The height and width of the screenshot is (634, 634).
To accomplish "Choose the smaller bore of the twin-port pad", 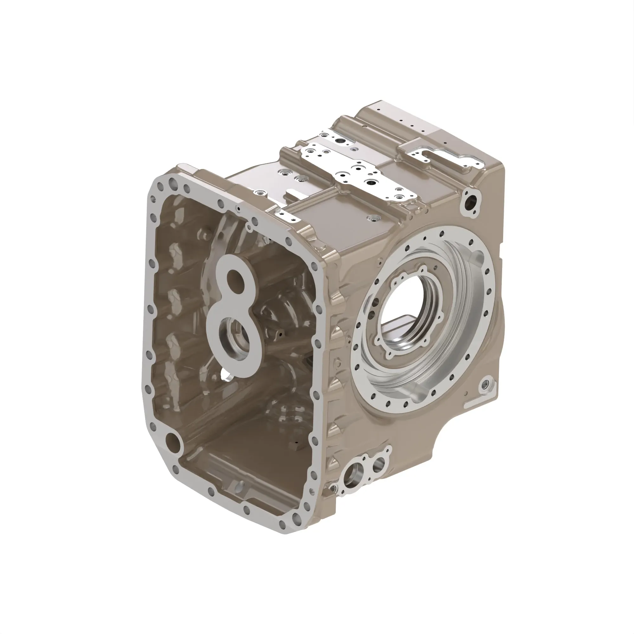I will [x=378, y=464].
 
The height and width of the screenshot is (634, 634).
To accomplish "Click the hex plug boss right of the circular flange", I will [x=485, y=385].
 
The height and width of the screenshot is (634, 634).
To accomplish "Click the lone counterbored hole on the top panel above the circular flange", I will [x=372, y=217].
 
